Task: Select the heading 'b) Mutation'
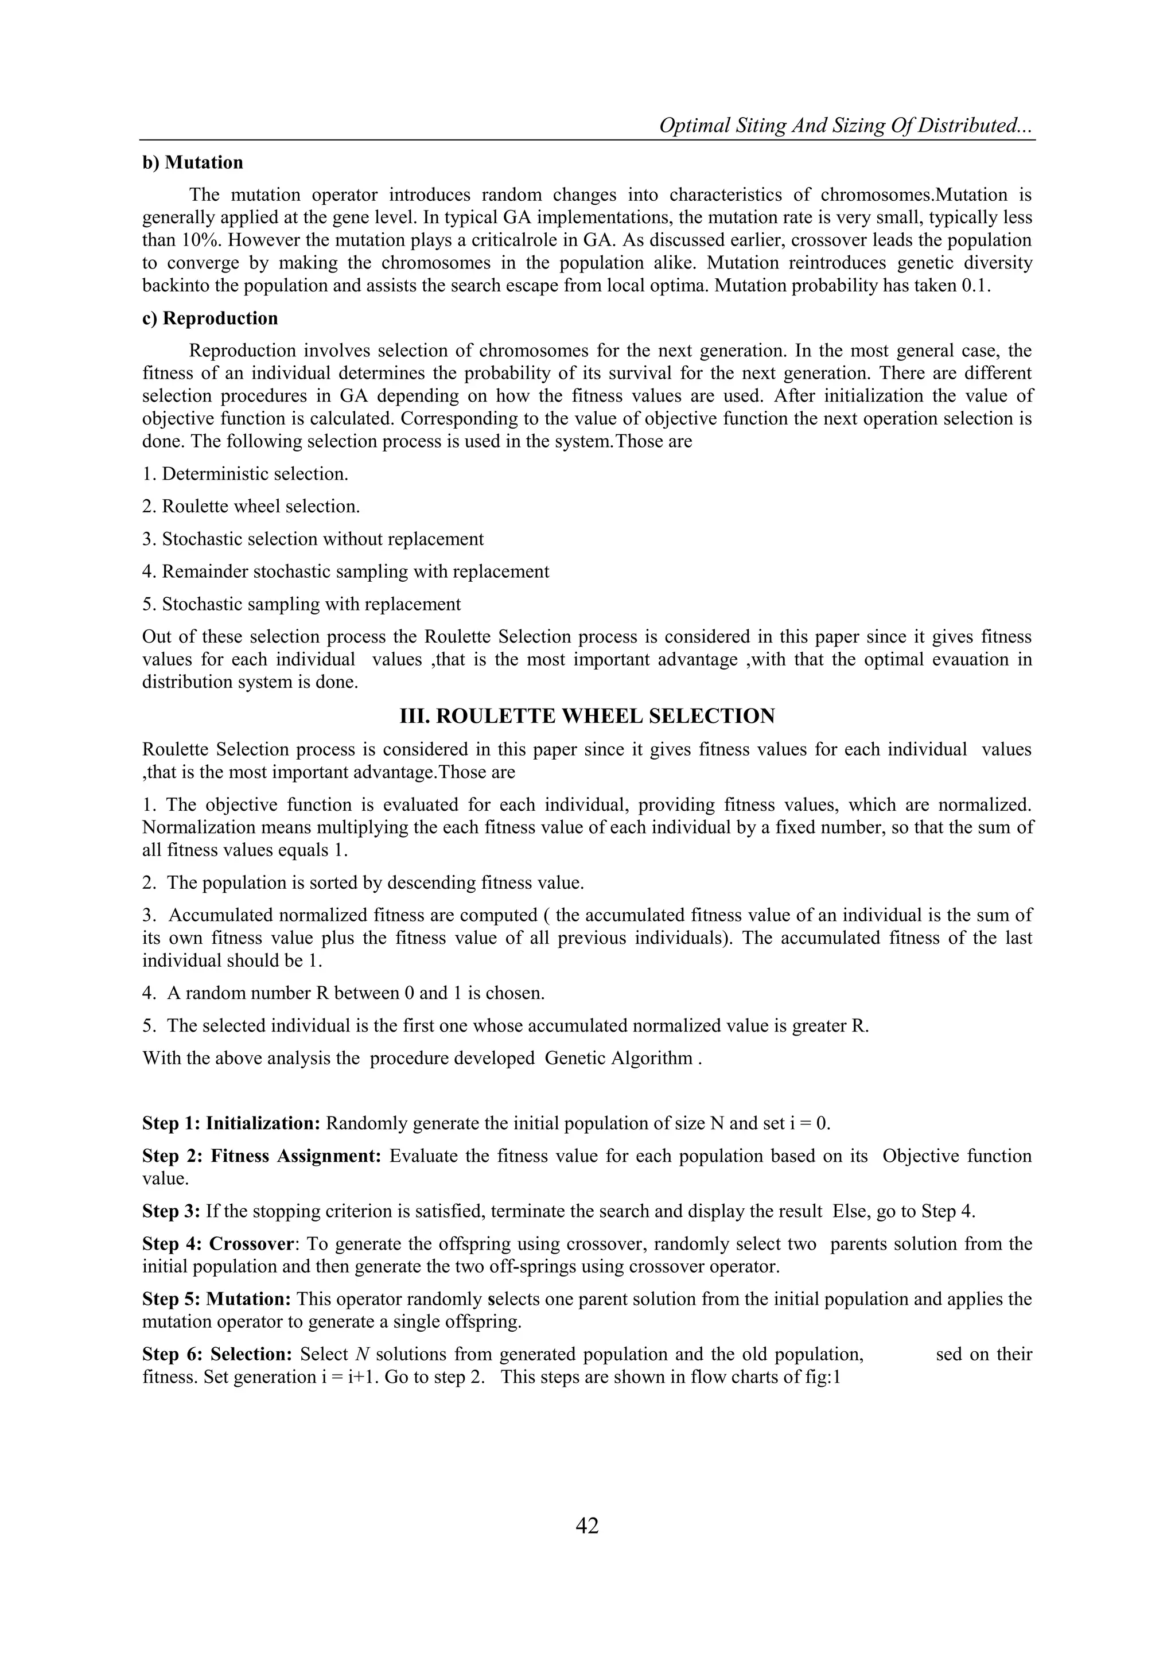tap(192, 163)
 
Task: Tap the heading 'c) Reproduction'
tap(210, 318)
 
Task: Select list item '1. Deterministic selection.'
tap(246, 474)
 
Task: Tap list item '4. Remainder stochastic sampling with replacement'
tap(345, 571)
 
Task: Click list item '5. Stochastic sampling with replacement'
tap(301, 604)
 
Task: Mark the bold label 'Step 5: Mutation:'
tap(216, 1300)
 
